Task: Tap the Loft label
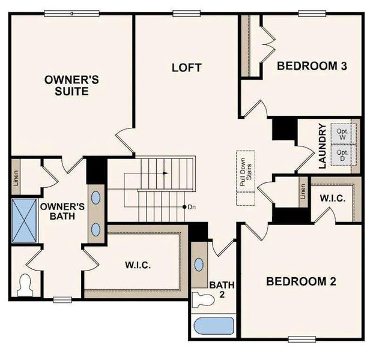pos(186,67)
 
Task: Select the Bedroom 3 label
pos(312,66)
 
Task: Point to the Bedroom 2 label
pos(302,281)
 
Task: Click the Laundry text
pos(322,146)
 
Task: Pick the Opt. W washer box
pos(342,134)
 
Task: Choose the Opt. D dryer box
pos(342,154)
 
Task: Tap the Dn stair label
pos(192,207)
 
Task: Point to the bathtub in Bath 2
pos(214,326)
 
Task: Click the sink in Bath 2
pos(199,265)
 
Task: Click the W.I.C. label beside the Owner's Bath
pos(138,265)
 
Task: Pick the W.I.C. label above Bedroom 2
pos(332,199)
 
